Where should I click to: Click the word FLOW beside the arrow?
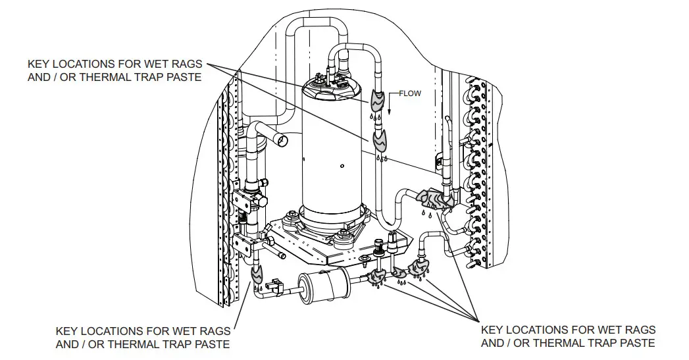[409, 93]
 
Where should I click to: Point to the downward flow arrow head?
[390, 113]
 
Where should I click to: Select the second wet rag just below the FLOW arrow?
[381, 140]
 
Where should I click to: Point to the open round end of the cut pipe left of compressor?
[282, 140]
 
